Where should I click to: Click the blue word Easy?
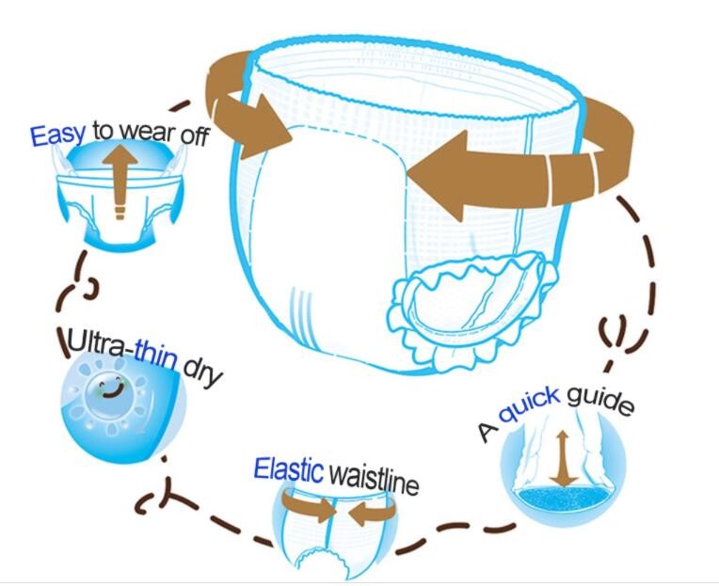click(57, 135)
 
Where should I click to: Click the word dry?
click(202, 372)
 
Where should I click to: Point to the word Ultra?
click(95, 341)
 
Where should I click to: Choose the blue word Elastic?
click(288, 469)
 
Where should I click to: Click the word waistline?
click(374, 480)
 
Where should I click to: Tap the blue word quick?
click(529, 404)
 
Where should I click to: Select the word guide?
click(600, 401)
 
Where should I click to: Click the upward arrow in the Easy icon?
click(120, 182)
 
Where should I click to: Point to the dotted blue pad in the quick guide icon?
click(565, 499)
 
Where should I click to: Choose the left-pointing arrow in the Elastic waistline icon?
click(372, 513)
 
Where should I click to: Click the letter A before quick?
click(487, 432)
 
